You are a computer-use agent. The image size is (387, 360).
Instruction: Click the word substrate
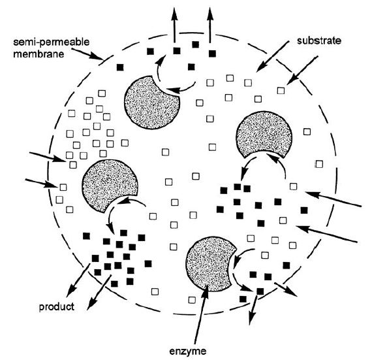point(319,41)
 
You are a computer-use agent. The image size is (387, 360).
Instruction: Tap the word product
point(57,307)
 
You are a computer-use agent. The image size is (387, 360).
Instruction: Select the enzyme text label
point(188,351)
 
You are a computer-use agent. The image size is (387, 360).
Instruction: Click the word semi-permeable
point(51,42)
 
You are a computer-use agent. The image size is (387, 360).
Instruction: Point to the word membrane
point(39,54)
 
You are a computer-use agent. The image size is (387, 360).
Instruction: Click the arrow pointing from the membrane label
point(87,54)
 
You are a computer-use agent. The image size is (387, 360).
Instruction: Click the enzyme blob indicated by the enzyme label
point(209,264)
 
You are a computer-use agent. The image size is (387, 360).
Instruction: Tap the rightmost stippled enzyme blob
point(264,133)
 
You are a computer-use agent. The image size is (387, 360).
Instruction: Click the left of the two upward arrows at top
point(175,25)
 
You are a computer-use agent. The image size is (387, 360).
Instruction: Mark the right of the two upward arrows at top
point(210,25)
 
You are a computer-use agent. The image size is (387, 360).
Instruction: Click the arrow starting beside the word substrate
point(272,57)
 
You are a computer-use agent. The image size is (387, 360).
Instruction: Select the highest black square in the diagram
point(196,44)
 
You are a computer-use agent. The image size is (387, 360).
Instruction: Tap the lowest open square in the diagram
point(192,300)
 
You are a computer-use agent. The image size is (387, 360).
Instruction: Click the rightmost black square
point(304,210)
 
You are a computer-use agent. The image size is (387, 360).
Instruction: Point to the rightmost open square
point(319,164)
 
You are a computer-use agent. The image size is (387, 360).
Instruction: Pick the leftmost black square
point(86,236)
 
